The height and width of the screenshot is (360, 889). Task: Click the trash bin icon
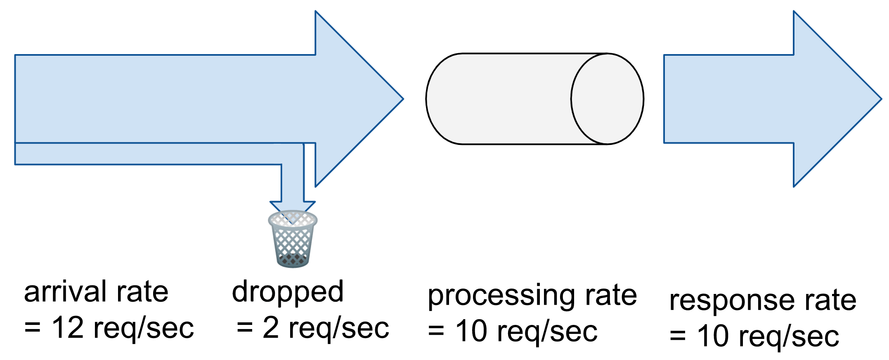tap(293, 239)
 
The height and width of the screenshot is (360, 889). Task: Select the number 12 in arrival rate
tap(67, 328)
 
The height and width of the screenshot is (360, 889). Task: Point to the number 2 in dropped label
tap(271, 328)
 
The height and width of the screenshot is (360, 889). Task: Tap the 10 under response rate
tap(713, 336)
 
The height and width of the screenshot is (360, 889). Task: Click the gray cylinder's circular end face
tap(607, 99)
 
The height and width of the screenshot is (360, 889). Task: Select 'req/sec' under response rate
tap(789, 337)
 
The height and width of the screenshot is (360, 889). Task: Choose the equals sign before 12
tap(32, 328)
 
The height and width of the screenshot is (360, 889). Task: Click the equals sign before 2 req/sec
tap(244, 328)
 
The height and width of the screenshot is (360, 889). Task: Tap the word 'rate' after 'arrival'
tap(142, 292)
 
